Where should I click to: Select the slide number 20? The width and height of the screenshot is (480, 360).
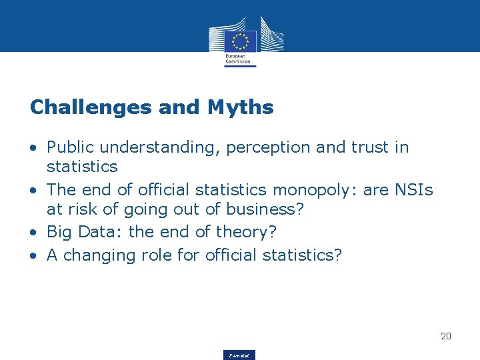pos(446,336)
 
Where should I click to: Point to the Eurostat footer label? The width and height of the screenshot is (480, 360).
pos(240,355)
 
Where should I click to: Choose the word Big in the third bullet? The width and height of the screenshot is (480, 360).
pos(58,233)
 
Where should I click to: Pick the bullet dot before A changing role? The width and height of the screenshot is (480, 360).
pos(33,255)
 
